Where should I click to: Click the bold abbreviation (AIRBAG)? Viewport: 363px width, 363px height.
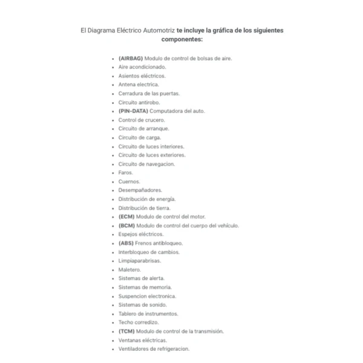131,58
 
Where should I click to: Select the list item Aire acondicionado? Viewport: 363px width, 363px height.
142,67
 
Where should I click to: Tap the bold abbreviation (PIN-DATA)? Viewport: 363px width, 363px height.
133,111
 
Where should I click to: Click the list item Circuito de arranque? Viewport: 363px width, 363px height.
143,128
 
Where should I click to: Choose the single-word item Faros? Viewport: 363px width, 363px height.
125,172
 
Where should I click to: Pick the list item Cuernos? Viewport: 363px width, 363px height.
129,181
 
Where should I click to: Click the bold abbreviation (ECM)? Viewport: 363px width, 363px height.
126,217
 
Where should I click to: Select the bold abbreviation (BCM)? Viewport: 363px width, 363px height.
126,225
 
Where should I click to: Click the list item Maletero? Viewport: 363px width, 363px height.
129,269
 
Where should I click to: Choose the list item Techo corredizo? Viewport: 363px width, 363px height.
139,322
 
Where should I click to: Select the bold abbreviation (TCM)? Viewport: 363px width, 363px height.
126,331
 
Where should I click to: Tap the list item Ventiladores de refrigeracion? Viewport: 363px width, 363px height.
154,348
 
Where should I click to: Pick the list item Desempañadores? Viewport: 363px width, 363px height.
140,190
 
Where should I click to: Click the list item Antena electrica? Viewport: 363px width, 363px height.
139,85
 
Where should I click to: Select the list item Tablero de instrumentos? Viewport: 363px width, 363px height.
148,313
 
